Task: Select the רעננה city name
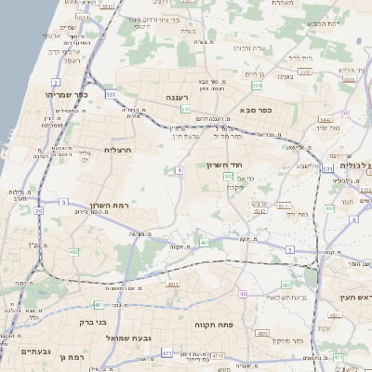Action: tap(180, 96)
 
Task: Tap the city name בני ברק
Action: tap(90, 322)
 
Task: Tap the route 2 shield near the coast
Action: tap(56, 83)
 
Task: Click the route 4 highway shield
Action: tap(178, 170)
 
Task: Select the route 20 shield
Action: tap(39, 211)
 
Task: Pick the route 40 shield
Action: tap(243, 294)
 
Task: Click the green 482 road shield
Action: tap(73, 252)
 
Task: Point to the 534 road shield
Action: tap(257, 86)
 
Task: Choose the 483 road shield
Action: tap(205, 242)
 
